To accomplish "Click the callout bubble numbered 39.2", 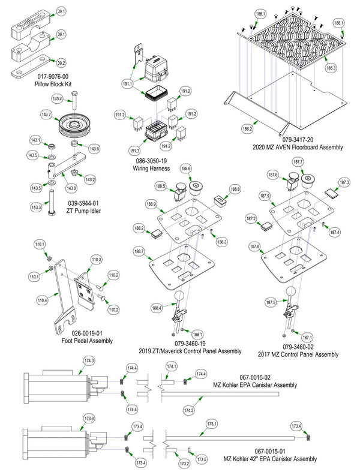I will pyautogui.click(x=61, y=62).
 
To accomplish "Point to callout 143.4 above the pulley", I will pyautogui.click(x=57, y=99).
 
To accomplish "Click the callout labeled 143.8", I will pyautogui.click(x=72, y=187).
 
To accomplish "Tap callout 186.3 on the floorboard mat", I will pyautogui.click(x=331, y=68).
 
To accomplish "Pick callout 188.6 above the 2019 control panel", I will pyautogui.click(x=185, y=169).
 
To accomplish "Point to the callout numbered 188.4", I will pyautogui.click(x=157, y=308).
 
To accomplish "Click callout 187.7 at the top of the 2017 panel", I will pyautogui.click(x=298, y=163).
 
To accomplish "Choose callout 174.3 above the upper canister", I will pyautogui.click(x=89, y=360).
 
